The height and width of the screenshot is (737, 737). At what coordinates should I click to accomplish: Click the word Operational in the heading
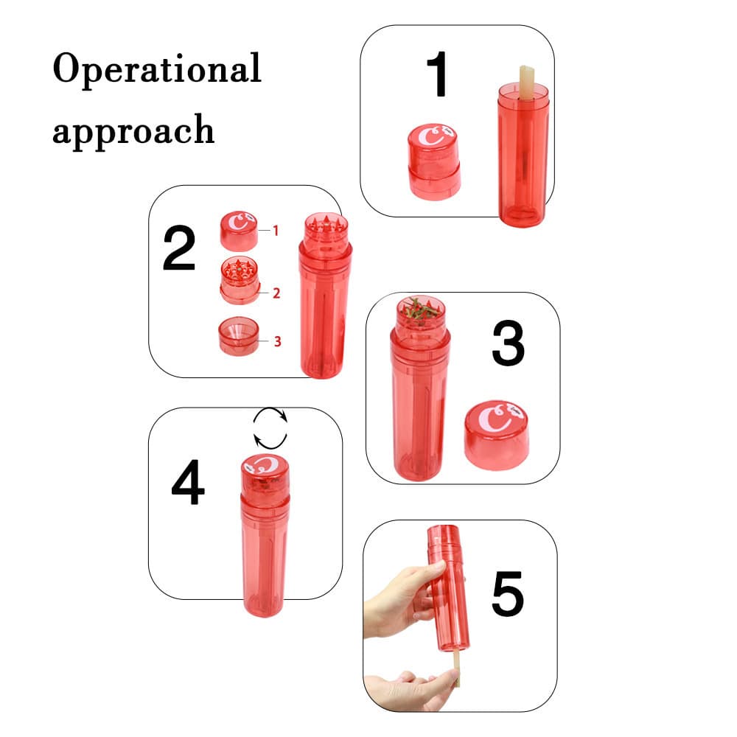(157, 69)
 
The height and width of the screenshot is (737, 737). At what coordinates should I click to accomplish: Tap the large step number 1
(438, 75)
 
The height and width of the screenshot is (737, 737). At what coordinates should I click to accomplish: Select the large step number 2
(179, 249)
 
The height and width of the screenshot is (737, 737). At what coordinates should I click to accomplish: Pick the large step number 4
(188, 483)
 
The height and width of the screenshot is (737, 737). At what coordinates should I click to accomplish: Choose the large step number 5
(508, 593)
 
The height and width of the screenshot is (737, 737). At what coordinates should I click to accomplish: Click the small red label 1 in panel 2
(276, 231)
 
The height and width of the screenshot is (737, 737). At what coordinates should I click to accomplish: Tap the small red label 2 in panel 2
(276, 293)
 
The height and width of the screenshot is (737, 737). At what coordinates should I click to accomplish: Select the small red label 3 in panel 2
(277, 341)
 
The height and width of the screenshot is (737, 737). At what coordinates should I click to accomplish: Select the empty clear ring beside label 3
(238, 338)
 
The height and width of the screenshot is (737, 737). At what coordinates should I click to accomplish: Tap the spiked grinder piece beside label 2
(240, 280)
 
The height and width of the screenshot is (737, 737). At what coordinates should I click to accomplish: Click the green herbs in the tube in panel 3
(420, 310)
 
